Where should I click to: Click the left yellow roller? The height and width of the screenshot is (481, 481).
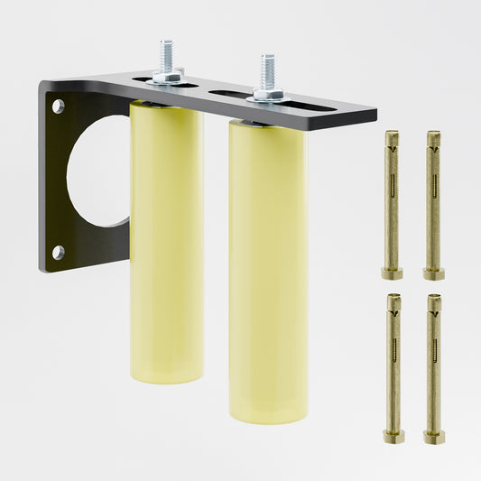[167, 244]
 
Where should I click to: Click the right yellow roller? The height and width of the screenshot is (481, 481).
[267, 271]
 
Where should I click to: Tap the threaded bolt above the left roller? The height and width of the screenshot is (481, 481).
[167, 56]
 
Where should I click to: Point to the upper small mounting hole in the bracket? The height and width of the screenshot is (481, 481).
[59, 106]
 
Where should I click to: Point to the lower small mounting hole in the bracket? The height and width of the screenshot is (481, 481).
[59, 252]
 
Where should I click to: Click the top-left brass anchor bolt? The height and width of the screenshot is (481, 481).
[392, 203]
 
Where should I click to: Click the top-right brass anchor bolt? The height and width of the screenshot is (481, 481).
[433, 203]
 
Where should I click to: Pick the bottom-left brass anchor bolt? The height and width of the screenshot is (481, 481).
[393, 365]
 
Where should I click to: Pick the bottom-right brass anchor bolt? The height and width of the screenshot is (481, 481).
[434, 365]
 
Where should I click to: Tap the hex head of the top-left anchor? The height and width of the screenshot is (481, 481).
[392, 273]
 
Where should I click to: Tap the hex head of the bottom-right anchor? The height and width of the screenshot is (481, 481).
[434, 436]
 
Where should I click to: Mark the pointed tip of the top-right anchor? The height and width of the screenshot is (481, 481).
[433, 136]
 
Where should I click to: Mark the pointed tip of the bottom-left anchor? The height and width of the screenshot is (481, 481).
[393, 299]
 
